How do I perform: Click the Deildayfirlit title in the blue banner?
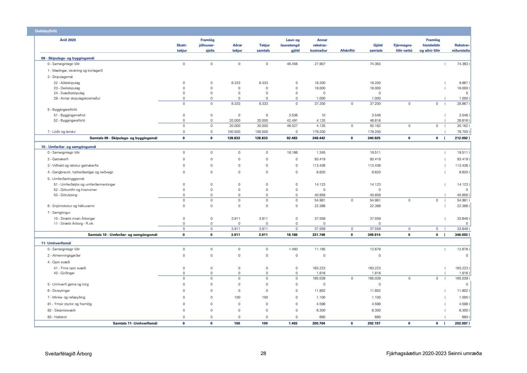click(46, 31)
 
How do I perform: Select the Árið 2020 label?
click(68, 40)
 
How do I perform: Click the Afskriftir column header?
click(347, 51)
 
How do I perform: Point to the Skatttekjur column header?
click(182, 48)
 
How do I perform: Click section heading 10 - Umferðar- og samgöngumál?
click(69, 147)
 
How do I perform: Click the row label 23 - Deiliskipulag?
click(67, 88)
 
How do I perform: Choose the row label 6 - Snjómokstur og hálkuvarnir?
click(71, 206)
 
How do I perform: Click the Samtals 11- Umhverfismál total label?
click(135, 323)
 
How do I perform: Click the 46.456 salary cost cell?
click(292, 64)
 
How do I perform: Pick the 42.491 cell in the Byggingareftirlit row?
click(292, 121)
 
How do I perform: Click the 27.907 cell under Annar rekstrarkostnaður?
click(320, 64)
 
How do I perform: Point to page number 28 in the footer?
click(263, 354)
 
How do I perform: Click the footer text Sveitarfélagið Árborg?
click(68, 354)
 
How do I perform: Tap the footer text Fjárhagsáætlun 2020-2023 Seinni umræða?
click(434, 354)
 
